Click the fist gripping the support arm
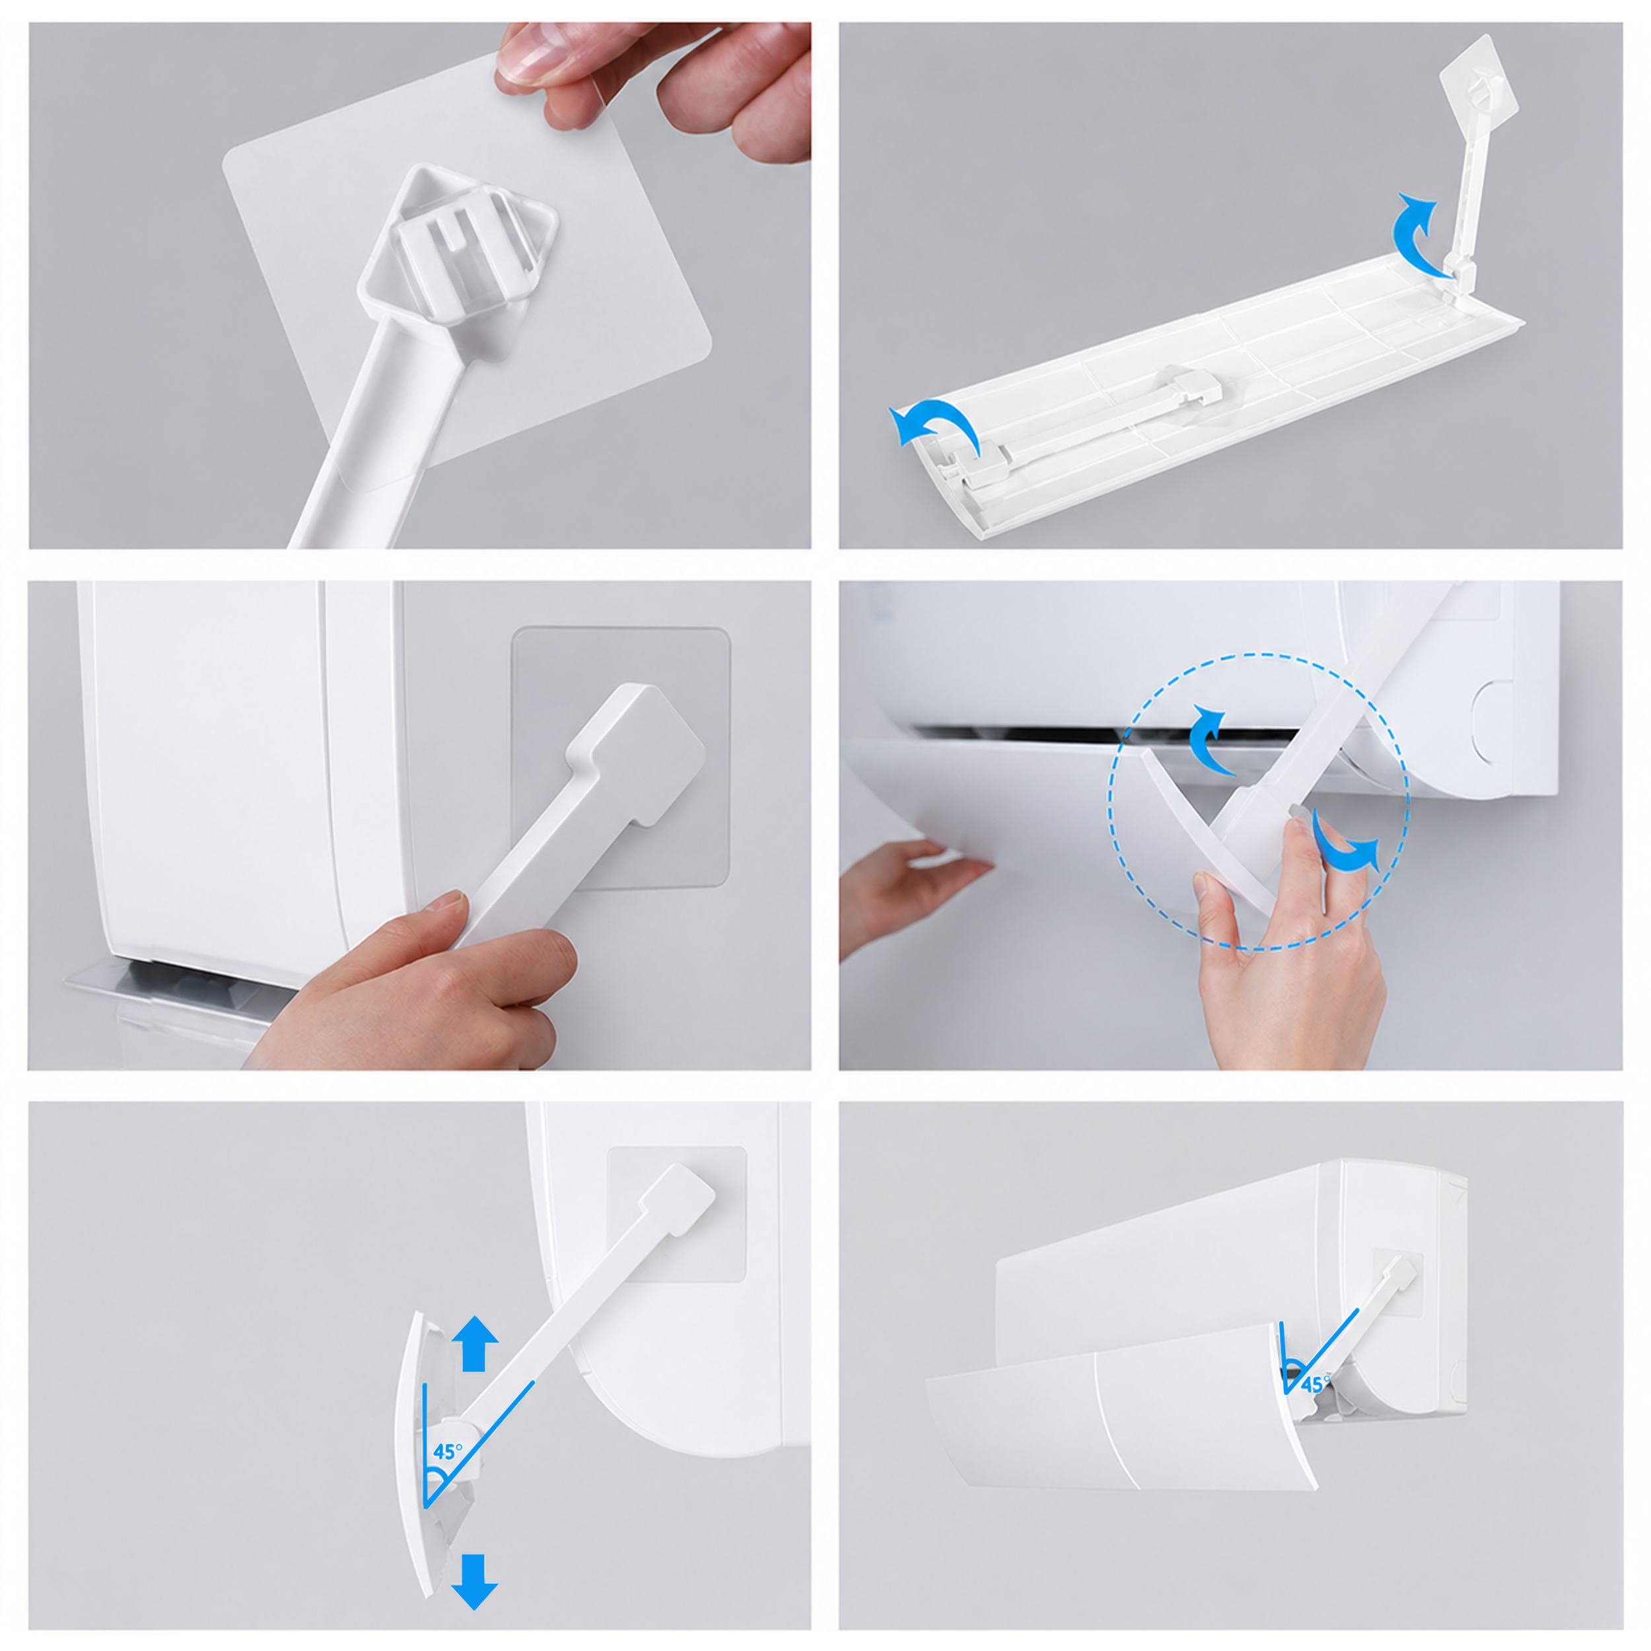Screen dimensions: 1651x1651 [x=427, y=983]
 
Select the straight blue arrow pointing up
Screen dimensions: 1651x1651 [x=474, y=1343]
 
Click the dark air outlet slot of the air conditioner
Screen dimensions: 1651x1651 [x=1026, y=733]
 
